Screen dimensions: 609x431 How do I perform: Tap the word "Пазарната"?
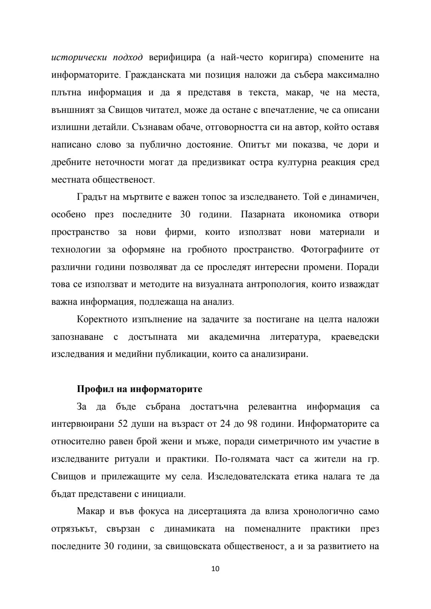tap(263, 215)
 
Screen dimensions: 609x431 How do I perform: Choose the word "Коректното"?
tap(102, 319)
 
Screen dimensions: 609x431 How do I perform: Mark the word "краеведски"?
tap(355, 337)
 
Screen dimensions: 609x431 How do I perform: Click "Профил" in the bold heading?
tap(92, 389)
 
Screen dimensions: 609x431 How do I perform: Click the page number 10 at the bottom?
tap(215, 569)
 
